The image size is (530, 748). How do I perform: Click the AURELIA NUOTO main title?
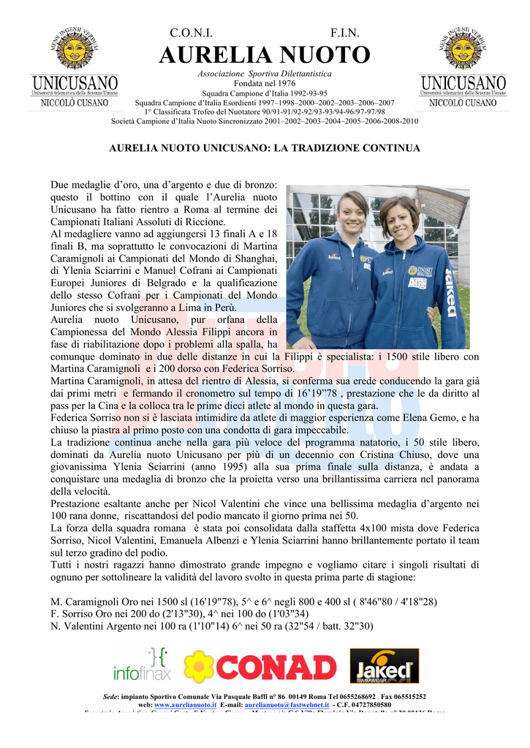[265, 55]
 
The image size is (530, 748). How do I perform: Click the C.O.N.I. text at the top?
[191, 34]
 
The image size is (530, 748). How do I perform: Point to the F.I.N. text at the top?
[344, 34]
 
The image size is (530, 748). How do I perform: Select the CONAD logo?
[260, 666]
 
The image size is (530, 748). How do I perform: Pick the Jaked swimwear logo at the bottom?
[384, 665]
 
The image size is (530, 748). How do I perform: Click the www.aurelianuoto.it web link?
[186, 705]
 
